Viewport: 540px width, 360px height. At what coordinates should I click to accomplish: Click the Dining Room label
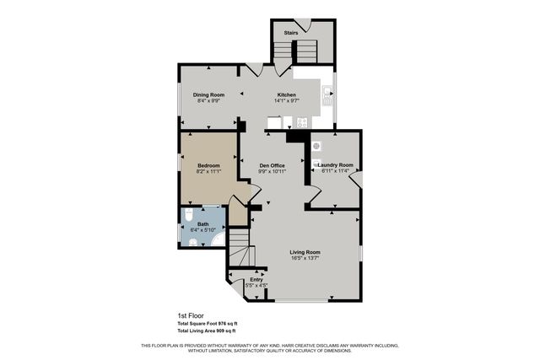207,94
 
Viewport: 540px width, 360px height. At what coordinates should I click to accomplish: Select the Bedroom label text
208,164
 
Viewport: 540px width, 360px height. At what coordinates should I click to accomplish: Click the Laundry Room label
335,164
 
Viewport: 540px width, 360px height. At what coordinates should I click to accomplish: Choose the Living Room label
305,252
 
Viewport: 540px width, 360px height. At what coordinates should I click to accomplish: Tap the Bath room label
202,223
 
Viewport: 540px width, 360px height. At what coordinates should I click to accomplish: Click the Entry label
256,279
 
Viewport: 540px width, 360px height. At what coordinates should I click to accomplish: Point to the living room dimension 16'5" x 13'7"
305,259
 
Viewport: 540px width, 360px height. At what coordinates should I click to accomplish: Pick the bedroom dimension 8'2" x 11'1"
208,171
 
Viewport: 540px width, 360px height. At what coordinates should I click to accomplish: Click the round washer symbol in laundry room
317,145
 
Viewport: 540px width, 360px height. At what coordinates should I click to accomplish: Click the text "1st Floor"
191,315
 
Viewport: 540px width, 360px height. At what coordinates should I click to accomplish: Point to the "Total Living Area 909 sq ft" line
208,330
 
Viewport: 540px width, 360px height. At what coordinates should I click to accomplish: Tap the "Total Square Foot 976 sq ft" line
208,323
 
